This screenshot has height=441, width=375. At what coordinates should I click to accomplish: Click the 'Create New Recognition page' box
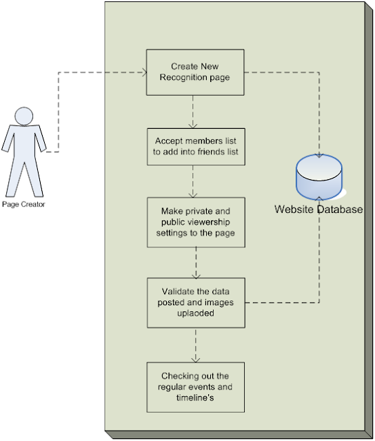[195, 72]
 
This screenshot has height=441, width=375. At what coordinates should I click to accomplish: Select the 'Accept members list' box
[196, 147]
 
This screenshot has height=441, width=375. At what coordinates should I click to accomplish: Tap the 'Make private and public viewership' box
[196, 222]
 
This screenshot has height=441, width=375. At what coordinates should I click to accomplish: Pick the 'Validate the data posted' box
[196, 303]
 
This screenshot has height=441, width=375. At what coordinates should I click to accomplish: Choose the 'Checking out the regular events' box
[195, 387]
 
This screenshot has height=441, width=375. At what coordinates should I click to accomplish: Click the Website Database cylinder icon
[319, 177]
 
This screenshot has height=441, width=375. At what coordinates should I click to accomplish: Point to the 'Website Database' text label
[318, 209]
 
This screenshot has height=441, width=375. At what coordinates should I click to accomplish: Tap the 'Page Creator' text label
[23, 204]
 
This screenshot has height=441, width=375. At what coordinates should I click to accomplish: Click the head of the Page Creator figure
[24, 116]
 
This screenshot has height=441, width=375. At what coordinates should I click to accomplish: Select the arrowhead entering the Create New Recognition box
[144, 72]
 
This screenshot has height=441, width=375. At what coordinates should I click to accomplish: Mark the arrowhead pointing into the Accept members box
[193, 125]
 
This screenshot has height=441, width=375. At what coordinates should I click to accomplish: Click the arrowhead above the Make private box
[193, 194]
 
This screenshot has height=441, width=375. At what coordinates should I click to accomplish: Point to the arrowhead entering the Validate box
[196, 276]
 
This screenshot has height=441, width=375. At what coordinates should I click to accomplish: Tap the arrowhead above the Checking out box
[196, 360]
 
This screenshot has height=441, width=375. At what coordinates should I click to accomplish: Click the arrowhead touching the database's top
[319, 155]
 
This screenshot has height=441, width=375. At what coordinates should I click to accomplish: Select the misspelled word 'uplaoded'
[196, 314]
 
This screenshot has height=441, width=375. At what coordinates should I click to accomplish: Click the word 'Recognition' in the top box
[183, 77]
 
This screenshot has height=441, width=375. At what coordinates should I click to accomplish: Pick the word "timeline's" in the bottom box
[195, 398]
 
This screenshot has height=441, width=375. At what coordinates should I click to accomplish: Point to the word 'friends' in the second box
[211, 152]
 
